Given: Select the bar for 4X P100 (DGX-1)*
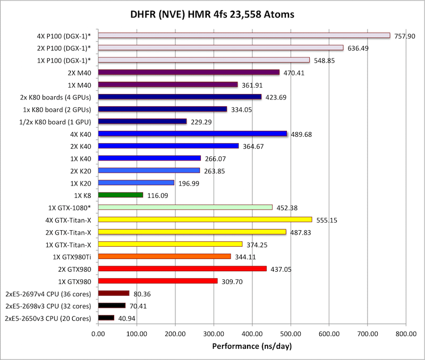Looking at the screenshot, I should tap(244, 36).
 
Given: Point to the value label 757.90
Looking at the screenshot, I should tap(405, 36).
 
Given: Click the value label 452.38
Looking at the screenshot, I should tap(287, 207).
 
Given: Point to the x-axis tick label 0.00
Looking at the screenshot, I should tap(98, 334).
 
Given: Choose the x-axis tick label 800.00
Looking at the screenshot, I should tap(406, 334).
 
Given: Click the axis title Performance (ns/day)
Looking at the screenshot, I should tap(252, 346).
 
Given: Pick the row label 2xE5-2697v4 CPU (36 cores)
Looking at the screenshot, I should tap(48, 294).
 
